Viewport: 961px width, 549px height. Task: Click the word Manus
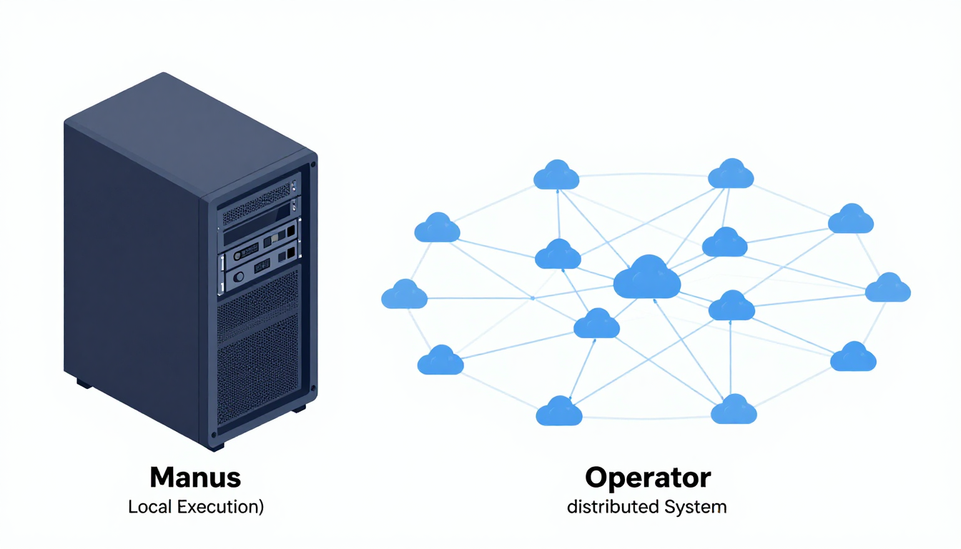click(195, 477)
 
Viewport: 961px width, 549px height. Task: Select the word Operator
click(647, 477)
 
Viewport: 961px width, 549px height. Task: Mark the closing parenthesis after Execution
click(261, 508)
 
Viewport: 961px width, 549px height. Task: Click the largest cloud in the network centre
click(646, 277)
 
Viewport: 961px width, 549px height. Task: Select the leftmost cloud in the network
click(404, 295)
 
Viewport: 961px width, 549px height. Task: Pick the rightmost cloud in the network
click(887, 288)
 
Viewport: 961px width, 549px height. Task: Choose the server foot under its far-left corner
click(84, 384)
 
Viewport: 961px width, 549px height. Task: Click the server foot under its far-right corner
click(299, 408)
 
